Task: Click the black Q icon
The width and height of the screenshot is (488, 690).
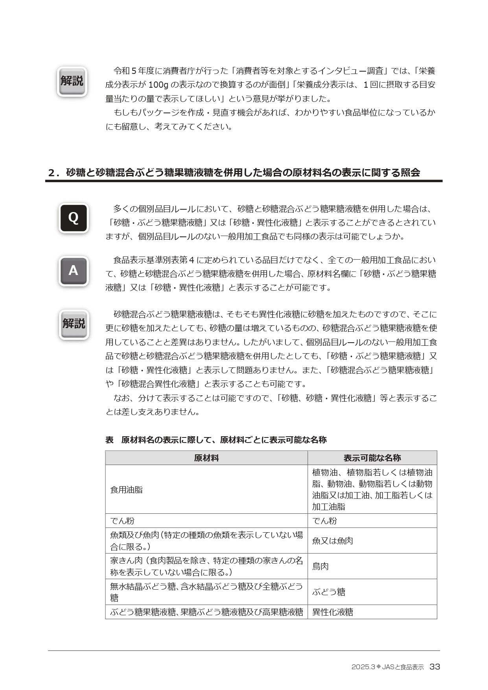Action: pos(74,218)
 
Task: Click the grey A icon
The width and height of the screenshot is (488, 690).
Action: pos(74,271)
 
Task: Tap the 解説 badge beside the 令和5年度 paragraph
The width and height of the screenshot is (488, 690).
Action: pos(72,81)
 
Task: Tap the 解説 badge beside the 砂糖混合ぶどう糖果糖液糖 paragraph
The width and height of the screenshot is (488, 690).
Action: pos(74,324)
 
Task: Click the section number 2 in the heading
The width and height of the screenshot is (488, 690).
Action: pos(52,173)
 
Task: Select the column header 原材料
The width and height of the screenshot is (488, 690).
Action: pos(206,458)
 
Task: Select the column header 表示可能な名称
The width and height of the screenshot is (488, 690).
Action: pos(372,458)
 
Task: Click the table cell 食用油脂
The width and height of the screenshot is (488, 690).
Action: pos(127,490)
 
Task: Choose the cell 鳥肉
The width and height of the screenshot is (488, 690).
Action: pos(320,566)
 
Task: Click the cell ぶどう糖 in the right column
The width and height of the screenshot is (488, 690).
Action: pos(329,592)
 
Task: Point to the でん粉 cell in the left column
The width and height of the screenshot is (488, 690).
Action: pos(122,521)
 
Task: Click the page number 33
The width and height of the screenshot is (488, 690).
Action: pos(435,667)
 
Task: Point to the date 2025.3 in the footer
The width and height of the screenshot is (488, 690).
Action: pos(363,667)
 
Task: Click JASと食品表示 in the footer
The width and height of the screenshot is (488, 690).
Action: pos(403,667)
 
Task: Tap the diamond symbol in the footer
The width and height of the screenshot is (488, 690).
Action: pos(378,667)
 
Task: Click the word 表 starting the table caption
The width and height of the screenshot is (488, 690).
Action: pos(109,440)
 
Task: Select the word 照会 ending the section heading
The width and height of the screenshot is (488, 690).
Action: pos(410,173)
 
